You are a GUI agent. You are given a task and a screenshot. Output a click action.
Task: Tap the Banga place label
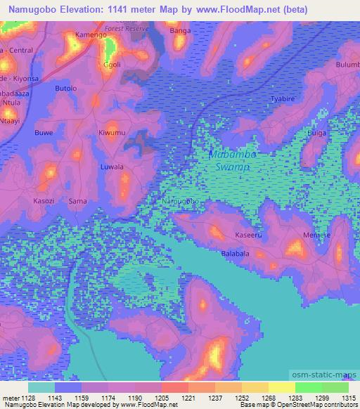[x=180, y=31]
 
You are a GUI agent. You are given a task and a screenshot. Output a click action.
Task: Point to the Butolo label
[x=65, y=89]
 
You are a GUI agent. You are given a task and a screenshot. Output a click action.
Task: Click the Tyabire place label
[x=283, y=99]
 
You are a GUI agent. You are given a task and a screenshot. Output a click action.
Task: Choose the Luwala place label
[x=112, y=167]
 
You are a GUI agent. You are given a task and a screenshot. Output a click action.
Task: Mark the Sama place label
[x=77, y=201]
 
